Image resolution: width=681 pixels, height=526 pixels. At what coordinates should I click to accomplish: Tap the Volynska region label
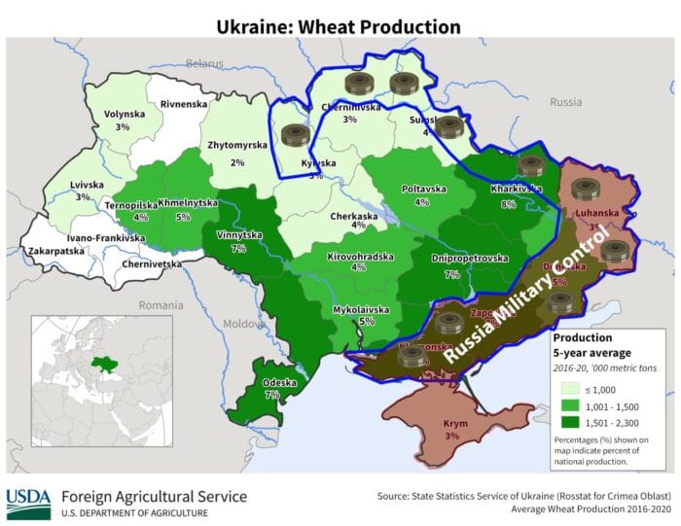(x=124, y=114)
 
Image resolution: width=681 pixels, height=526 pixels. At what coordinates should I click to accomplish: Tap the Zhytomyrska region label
(x=237, y=146)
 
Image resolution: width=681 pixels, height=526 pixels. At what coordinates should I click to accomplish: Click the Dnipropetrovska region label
(x=470, y=259)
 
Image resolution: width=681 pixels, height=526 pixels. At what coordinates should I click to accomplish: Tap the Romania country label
(x=160, y=304)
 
